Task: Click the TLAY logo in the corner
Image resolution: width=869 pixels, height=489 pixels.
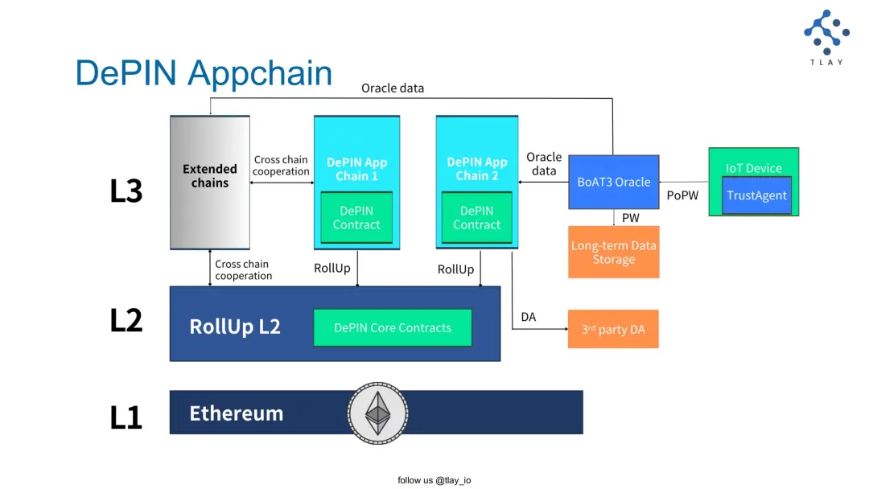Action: click(826, 36)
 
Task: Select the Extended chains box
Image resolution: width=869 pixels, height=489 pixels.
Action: click(210, 182)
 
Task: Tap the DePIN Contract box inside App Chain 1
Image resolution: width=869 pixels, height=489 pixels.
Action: click(356, 217)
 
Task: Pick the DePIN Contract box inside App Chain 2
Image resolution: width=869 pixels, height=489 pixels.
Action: click(476, 217)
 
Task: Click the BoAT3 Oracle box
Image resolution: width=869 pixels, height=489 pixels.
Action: click(613, 182)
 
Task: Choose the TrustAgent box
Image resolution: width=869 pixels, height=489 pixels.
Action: click(756, 195)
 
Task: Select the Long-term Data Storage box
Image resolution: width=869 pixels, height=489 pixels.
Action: click(613, 253)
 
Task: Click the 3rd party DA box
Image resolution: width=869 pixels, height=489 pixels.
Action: click(613, 329)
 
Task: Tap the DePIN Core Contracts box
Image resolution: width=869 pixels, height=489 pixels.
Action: click(393, 328)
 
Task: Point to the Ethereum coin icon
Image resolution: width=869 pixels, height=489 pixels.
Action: click(377, 413)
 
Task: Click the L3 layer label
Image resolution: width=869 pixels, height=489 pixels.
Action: click(126, 191)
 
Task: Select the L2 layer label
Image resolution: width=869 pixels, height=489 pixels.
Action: click(126, 320)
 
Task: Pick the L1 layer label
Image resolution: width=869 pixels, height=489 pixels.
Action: click(126, 417)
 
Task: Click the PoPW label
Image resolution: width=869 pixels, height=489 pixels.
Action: click(683, 195)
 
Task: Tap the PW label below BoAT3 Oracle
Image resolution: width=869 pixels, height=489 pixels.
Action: click(630, 218)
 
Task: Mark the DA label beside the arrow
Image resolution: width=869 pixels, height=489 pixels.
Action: click(528, 317)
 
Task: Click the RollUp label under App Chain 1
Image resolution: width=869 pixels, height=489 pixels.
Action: click(332, 268)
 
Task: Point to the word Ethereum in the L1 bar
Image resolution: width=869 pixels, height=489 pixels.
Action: click(236, 413)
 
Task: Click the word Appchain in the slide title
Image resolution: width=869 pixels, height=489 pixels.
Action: click(261, 73)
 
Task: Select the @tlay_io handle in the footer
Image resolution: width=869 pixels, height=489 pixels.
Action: click(453, 480)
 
